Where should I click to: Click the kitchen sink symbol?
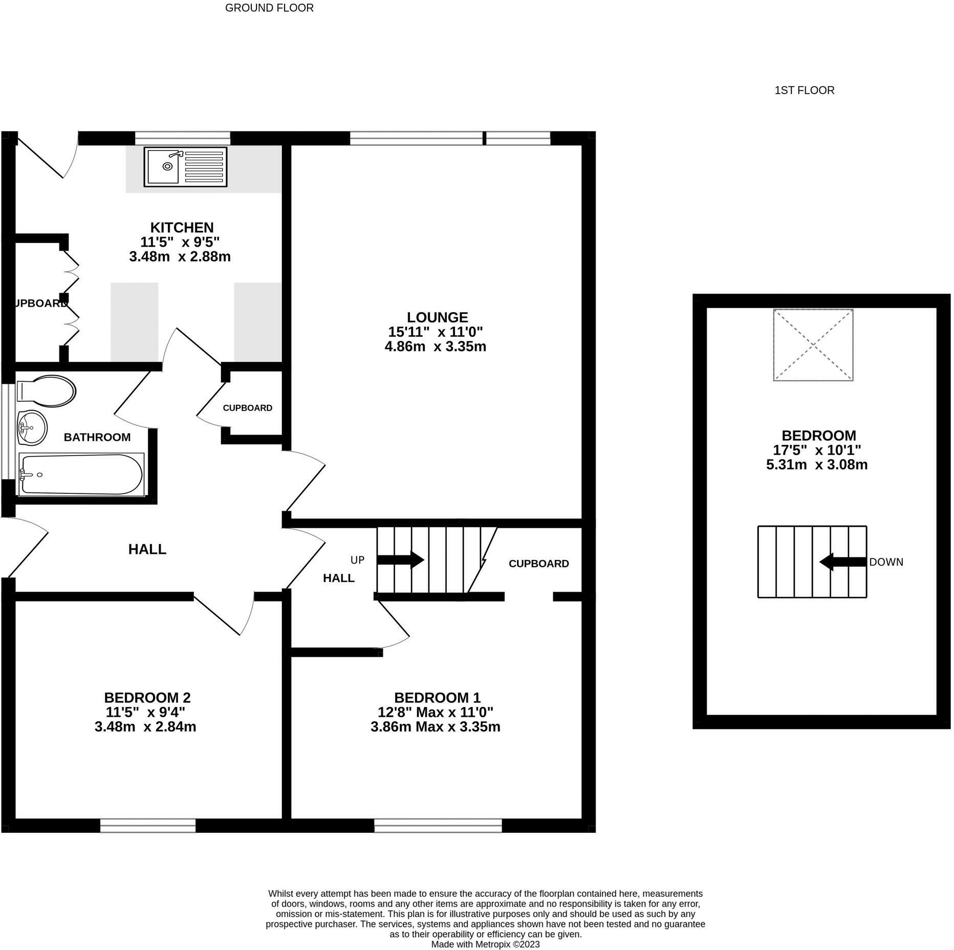pyautogui.click(x=185, y=167)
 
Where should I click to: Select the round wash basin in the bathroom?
pyautogui.click(x=31, y=427)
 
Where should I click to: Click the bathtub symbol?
pyautogui.click(x=81, y=474)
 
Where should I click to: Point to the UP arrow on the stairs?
pyautogui.click(x=400, y=559)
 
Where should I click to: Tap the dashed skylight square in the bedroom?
pyautogui.click(x=813, y=345)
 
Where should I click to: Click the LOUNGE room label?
pyautogui.click(x=437, y=317)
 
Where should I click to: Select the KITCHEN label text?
pyautogui.click(x=182, y=227)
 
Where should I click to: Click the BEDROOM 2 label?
pyautogui.click(x=147, y=697)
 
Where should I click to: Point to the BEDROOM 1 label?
pyautogui.click(x=437, y=697)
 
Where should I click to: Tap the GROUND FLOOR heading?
pyautogui.click(x=269, y=8)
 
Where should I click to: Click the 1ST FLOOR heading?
pyautogui.click(x=804, y=90)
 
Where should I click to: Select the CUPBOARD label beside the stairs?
pyautogui.click(x=538, y=564)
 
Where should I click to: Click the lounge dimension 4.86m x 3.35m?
pyautogui.click(x=435, y=347)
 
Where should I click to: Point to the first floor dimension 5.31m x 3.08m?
pyautogui.click(x=816, y=465)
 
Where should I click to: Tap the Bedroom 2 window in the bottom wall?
pyautogui.click(x=148, y=826)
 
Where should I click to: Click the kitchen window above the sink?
pyautogui.click(x=183, y=137)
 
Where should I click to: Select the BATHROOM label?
pyautogui.click(x=97, y=437)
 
